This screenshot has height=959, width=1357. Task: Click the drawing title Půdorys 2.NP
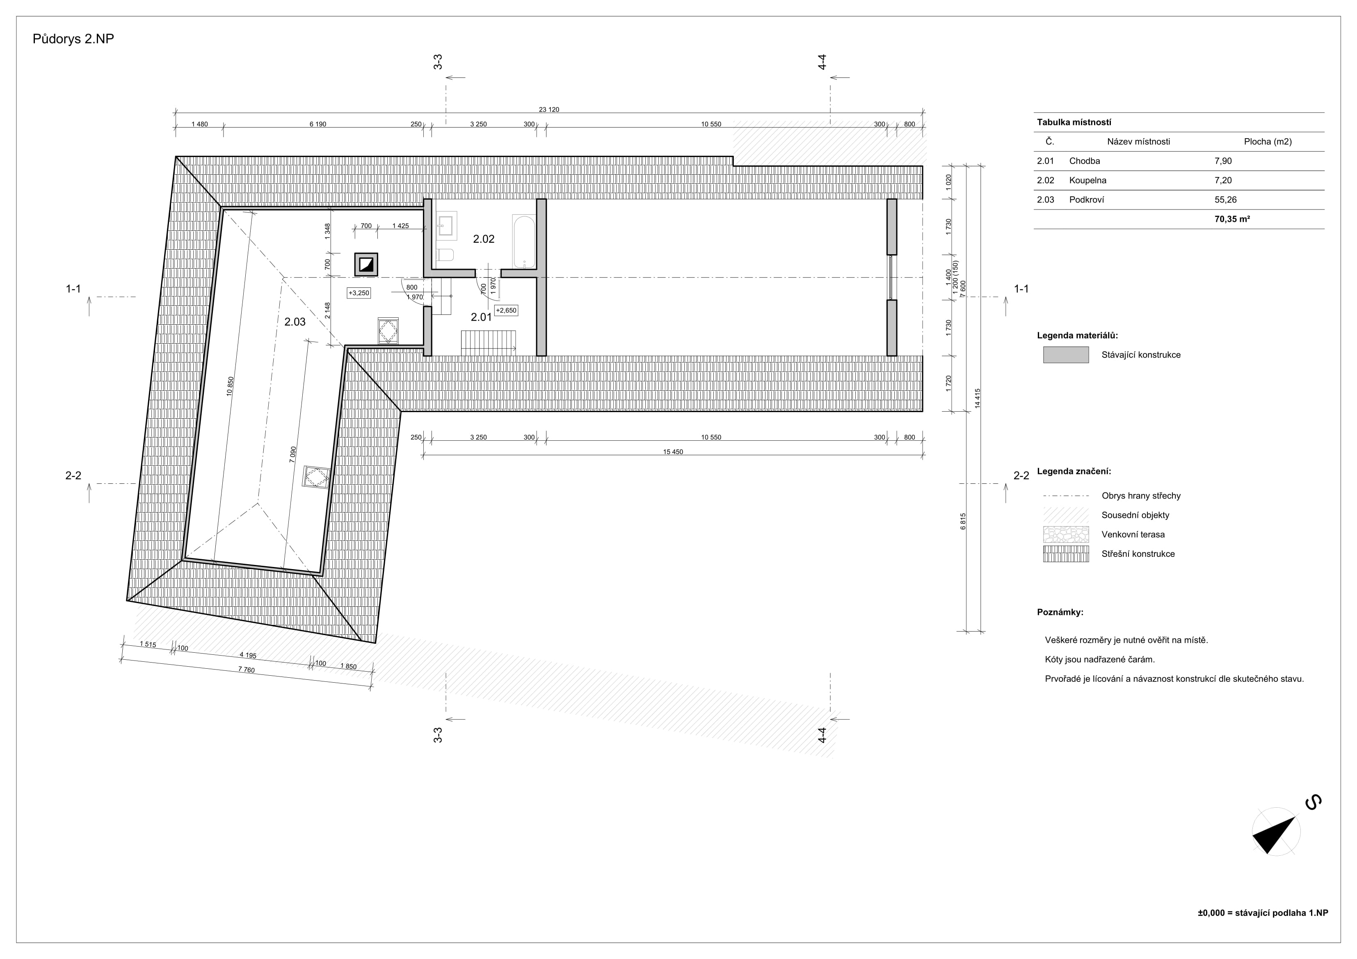(73, 39)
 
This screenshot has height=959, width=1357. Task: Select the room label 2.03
(295, 322)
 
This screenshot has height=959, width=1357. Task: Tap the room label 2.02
(484, 239)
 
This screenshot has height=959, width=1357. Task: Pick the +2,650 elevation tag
(506, 310)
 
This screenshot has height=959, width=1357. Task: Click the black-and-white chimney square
(366, 265)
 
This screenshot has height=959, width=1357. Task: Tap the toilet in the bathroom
(445, 255)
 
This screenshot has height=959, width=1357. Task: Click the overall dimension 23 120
(548, 109)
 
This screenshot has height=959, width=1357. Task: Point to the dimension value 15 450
(673, 452)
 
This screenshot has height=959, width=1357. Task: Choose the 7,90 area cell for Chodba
(1223, 161)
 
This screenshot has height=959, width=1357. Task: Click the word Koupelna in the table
(1087, 181)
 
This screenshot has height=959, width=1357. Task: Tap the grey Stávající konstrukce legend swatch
(1066, 355)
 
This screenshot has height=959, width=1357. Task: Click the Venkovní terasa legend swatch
(1066, 534)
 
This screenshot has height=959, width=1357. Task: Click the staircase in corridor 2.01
(488, 343)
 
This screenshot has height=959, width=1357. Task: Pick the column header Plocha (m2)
(1268, 142)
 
